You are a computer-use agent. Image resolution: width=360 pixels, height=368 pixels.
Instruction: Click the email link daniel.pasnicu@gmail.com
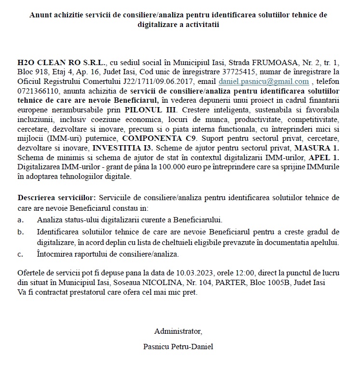[x=263, y=82]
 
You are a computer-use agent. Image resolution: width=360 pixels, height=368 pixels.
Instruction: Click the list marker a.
[x=20, y=220]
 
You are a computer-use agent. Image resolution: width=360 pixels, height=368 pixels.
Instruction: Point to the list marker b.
[x=20, y=232]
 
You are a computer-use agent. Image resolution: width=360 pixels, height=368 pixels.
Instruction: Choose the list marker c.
[x=20, y=254]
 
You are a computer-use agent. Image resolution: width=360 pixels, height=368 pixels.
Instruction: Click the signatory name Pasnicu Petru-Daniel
[x=178, y=346]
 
